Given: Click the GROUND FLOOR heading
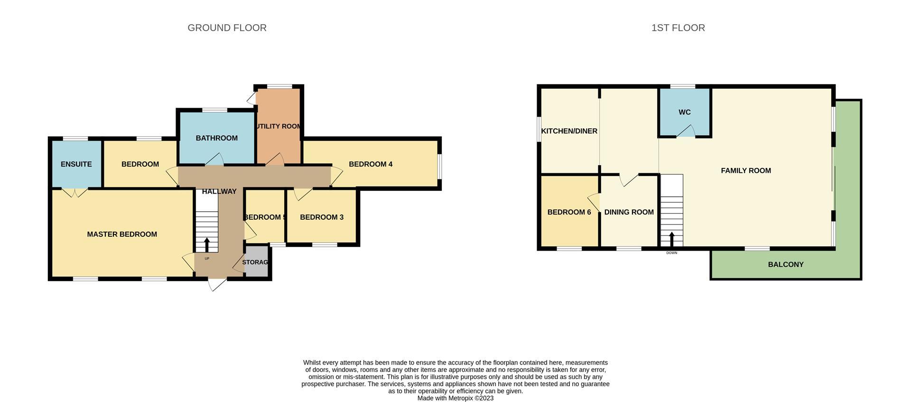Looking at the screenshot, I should [x=227, y=28].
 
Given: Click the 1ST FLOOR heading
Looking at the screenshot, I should [x=678, y=28].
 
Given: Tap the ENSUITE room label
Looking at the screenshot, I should [x=76, y=164].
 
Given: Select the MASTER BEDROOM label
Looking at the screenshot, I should [x=122, y=234].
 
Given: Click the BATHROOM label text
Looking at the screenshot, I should [x=216, y=138].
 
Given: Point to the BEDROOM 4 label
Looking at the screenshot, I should [x=370, y=164].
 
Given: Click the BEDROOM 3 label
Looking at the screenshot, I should [x=321, y=217].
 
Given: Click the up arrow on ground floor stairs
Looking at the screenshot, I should [x=207, y=244].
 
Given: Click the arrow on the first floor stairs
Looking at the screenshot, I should [x=671, y=239].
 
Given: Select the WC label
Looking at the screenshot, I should [x=684, y=112].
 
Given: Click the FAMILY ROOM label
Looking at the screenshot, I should [x=745, y=171].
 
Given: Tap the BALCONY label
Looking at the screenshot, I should [x=785, y=265].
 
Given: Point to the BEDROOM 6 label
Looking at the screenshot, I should [x=569, y=212].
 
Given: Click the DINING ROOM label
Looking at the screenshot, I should [x=629, y=212].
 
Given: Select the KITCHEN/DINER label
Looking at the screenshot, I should [x=569, y=131].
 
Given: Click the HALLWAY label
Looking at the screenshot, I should [x=219, y=192].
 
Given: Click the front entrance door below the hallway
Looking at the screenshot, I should [x=217, y=284].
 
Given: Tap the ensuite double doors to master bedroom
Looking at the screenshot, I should [x=75, y=192].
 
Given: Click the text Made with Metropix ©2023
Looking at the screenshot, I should [x=455, y=398].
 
